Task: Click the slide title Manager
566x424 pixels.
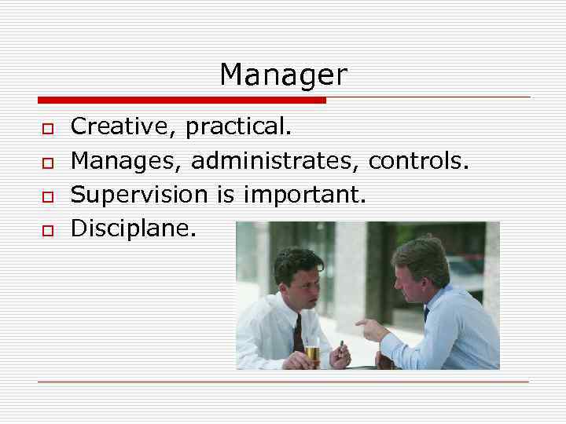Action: point(282,75)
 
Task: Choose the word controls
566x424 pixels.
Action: point(418,161)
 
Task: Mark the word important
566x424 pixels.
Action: point(303,195)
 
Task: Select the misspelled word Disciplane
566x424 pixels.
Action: point(134,228)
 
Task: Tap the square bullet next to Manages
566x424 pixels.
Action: point(47,162)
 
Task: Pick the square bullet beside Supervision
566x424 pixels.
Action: point(47,196)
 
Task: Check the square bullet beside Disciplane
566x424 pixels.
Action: point(47,229)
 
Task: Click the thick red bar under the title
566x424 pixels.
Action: point(181,101)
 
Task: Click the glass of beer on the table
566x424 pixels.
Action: point(312,353)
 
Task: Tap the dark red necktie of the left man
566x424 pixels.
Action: point(298,333)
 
